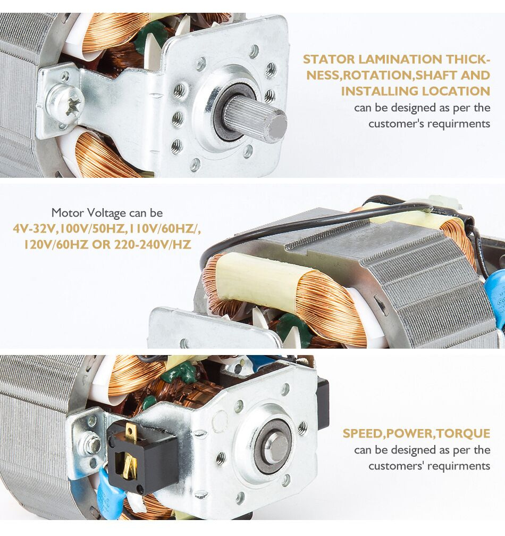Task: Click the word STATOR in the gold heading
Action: pos(329,59)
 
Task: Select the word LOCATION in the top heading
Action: pos(456,91)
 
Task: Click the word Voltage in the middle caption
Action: pos(106,213)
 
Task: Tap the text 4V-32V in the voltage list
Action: pos(34,228)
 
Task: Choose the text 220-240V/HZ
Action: pos(152,244)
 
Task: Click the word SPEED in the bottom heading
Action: pos(363,433)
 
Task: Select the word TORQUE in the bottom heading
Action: pos(464,433)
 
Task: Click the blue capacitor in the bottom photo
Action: pos(110,491)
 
